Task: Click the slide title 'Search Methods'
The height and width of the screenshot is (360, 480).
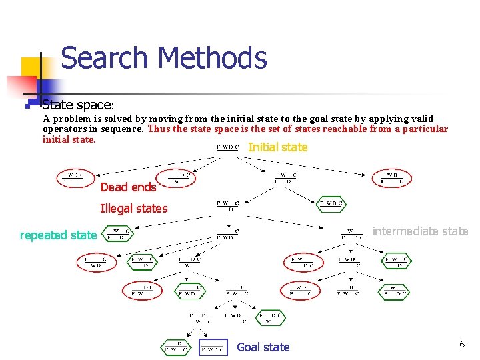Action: coord(163,58)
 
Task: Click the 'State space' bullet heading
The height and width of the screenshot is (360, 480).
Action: coord(77,105)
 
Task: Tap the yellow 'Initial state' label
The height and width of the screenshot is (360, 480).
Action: coord(277,147)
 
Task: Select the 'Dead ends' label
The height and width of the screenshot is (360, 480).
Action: coord(128,187)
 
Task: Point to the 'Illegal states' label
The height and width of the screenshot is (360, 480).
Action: coord(133,209)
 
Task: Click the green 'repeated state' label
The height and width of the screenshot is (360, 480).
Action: coord(58,235)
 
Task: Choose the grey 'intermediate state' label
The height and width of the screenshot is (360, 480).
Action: coord(420,231)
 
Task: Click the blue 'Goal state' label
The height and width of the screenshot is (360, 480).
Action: coord(263,347)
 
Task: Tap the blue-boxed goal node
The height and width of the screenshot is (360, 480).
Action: coord(213,347)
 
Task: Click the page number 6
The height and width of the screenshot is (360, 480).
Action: coord(461,344)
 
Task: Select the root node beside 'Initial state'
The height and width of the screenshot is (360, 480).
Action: coord(227,147)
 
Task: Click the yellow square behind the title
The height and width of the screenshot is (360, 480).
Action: coord(33,69)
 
